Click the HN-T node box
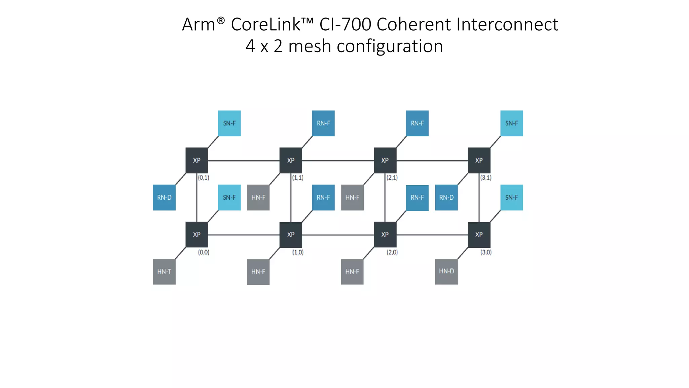coord(164,271)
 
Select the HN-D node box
coord(446,271)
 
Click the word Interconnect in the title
coord(507,25)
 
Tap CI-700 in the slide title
coord(345,25)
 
